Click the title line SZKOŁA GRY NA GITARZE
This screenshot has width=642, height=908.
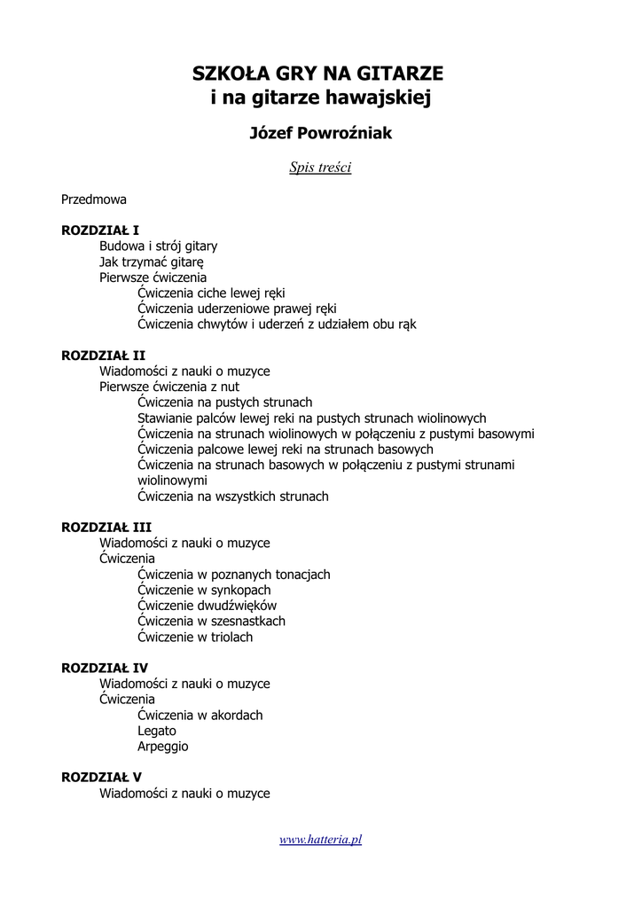click(x=320, y=74)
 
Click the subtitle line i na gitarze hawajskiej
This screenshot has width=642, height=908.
click(x=320, y=98)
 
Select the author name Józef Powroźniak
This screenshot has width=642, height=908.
click(x=320, y=133)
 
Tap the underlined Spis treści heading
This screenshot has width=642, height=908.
click(x=320, y=167)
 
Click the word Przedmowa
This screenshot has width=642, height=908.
click(x=94, y=200)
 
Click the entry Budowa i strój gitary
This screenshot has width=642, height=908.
click(x=158, y=246)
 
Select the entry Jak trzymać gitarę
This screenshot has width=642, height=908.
click(x=152, y=262)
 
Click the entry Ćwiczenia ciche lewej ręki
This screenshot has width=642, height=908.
click(x=211, y=293)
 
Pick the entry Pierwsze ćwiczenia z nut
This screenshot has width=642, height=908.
click(x=169, y=387)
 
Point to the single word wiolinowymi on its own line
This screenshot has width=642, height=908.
click(x=169, y=481)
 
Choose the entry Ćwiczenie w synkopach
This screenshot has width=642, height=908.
click(x=204, y=590)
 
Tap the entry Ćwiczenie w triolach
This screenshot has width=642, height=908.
click(x=195, y=637)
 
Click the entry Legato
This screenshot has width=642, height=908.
click(x=157, y=731)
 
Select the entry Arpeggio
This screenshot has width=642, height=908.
click(x=163, y=747)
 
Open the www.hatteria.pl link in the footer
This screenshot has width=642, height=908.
click(x=320, y=839)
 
